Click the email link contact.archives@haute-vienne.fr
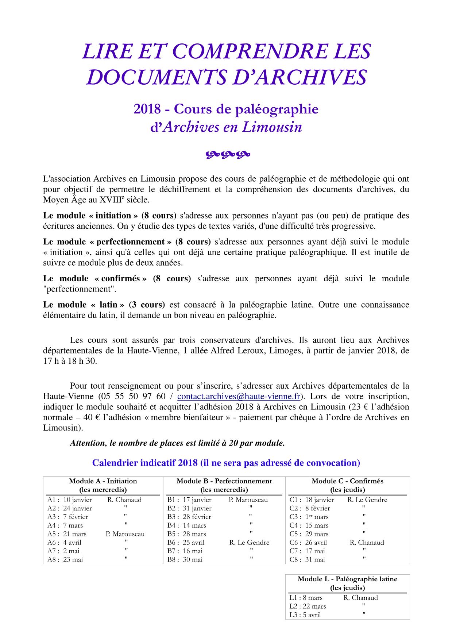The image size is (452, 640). pos(239,397)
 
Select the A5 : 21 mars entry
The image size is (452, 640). pos(67,534)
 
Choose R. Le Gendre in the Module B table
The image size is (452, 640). pos(249,543)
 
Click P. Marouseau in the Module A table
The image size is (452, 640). pos(125,534)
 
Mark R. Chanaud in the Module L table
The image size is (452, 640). pos(360,598)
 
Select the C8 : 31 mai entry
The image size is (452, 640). pos(307,560)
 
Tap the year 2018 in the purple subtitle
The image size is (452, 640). pos(147,109)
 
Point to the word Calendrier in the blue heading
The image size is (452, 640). pos(115,463)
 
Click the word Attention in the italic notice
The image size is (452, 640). pos(88,443)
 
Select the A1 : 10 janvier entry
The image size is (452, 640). pos(70,500)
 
